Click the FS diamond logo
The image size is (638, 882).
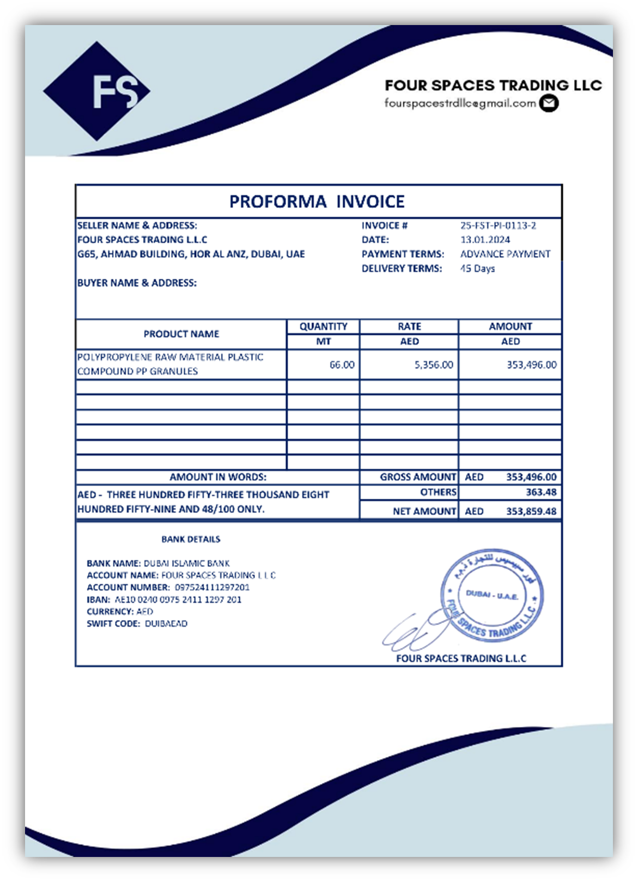pos(96,91)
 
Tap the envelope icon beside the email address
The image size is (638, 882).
pos(549,103)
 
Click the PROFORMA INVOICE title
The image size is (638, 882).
pos(317,201)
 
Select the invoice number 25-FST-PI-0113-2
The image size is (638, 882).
pos(498,225)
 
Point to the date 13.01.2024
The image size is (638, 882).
pos(485,240)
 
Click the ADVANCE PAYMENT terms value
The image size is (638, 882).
pos(505,254)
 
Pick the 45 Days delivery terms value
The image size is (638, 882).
pos(477,268)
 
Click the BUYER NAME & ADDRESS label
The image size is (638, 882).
pos(137,283)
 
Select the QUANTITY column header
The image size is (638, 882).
pos(323,326)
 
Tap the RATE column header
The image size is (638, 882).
pos(409,326)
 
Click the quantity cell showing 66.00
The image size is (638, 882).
pos(342,365)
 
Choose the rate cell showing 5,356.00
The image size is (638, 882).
pos(434,365)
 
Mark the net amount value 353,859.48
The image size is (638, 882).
pos(531,511)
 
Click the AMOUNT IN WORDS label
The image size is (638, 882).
pos(218,477)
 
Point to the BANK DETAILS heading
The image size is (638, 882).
pos(191,539)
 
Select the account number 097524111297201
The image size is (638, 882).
pos(212,587)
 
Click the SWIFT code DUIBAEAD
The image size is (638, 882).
pos(166,623)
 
